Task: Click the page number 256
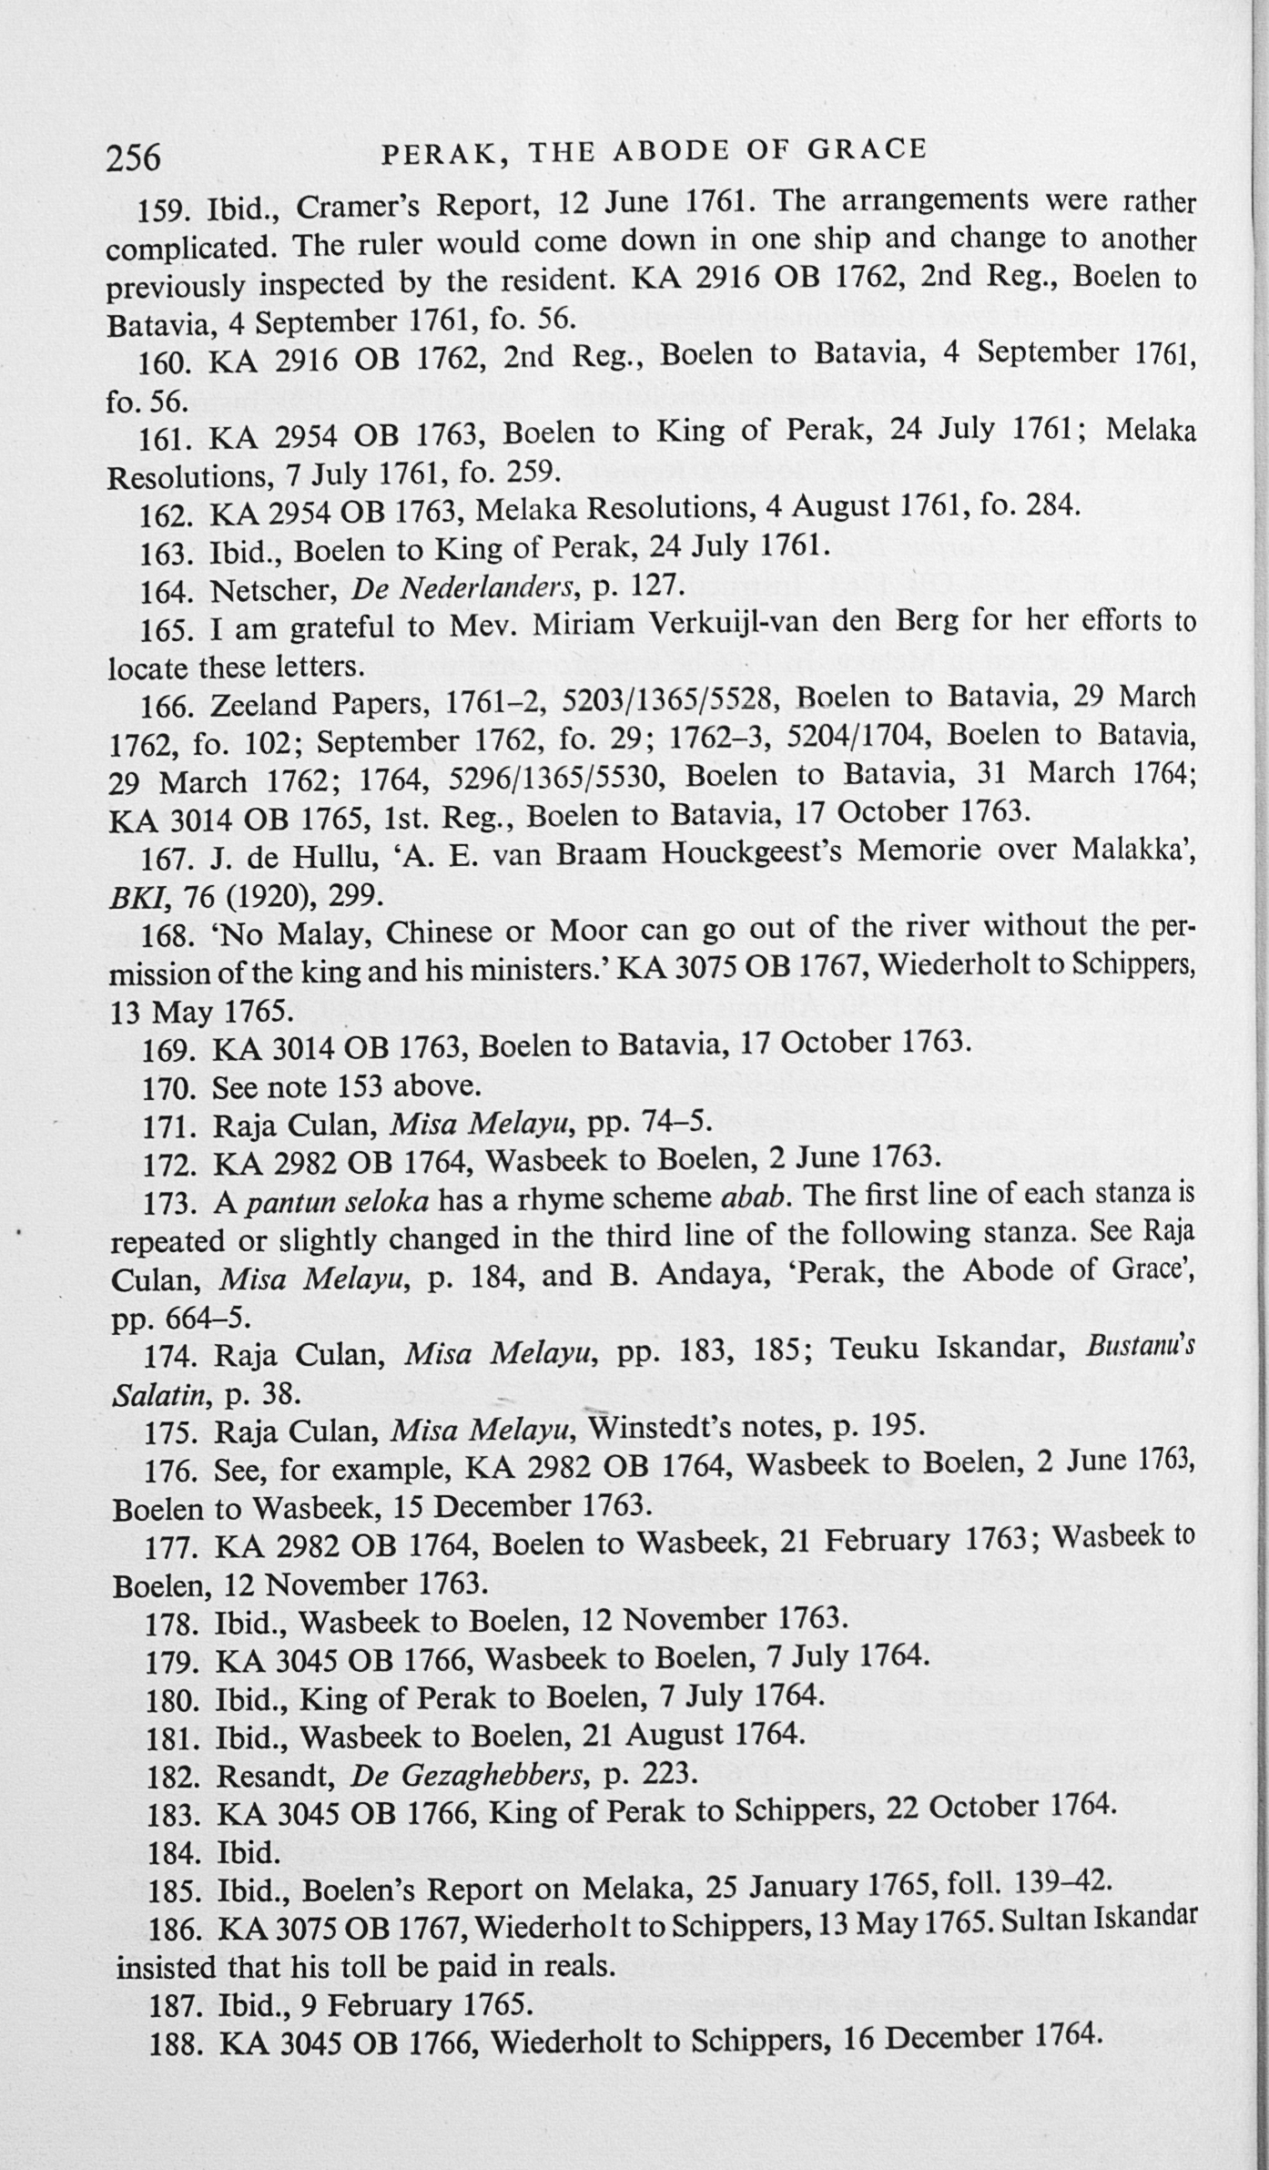click(133, 158)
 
